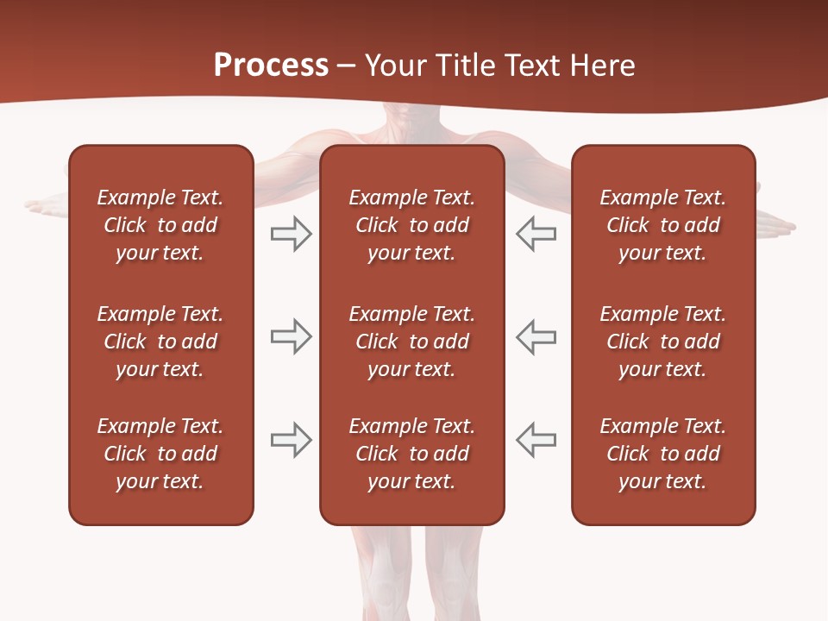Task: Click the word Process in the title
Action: (x=271, y=66)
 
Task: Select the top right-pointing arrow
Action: (x=291, y=234)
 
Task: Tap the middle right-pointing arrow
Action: (x=291, y=336)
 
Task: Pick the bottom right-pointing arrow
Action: (x=291, y=440)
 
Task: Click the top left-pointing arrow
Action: (x=536, y=234)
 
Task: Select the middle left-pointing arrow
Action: (x=536, y=336)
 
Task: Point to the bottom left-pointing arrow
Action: (x=536, y=440)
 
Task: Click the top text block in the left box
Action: (x=160, y=225)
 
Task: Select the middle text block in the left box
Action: (x=160, y=342)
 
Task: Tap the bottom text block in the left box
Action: (x=160, y=454)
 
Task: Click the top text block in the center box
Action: (x=411, y=225)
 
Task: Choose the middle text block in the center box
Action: (x=411, y=342)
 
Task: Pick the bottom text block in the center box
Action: (x=411, y=454)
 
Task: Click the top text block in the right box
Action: (x=662, y=225)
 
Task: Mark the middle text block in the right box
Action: (x=662, y=342)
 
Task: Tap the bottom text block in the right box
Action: (x=662, y=454)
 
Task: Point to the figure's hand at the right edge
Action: (x=776, y=226)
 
